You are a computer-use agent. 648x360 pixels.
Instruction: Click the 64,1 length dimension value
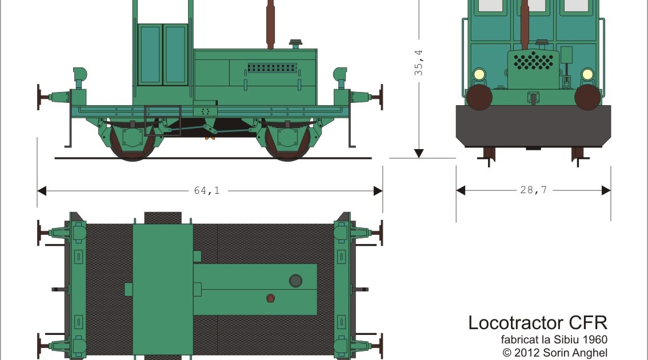pyautogui.click(x=207, y=191)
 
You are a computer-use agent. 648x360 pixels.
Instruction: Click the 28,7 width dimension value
pyautogui.click(x=533, y=190)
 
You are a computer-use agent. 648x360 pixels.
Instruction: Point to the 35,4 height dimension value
pyautogui.click(x=419, y=62)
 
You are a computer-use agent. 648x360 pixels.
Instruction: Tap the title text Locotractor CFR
pyautogui.click(x=537, y=323)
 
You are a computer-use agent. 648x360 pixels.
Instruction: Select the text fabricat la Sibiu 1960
pyautogui.click(x=554, y=341)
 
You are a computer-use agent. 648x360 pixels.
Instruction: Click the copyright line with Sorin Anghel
pyautogui.click(x=555, y=353)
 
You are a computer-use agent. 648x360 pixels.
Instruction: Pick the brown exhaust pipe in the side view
pyautogui.click(x=270, y=26)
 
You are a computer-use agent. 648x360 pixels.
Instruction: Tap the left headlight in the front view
pyautogui.click(x=479, y=74)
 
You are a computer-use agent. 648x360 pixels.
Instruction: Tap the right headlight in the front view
pyautogui.click(x=587, y=74)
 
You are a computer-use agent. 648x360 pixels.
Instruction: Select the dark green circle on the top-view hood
pyautogui.click(x=295, y=280)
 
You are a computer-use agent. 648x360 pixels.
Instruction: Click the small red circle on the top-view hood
pyautogui.click(x=270, y=298)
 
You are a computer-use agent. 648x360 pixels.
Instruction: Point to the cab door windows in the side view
pyautogui.click(x=163, y=54)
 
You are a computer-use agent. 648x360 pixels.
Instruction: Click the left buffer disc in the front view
pyautogui.click(x=479, y=97)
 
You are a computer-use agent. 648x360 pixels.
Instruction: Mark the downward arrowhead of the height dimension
pyautogui.click(x=419, y=153)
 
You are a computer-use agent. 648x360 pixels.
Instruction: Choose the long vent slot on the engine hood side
pyautogui.click(x=273, y=67)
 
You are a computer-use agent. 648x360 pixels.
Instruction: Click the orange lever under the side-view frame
pyautogui.click(x=210, y=134)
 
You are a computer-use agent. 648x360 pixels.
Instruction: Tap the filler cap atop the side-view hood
pyautogui.click(x=295, y=44)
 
